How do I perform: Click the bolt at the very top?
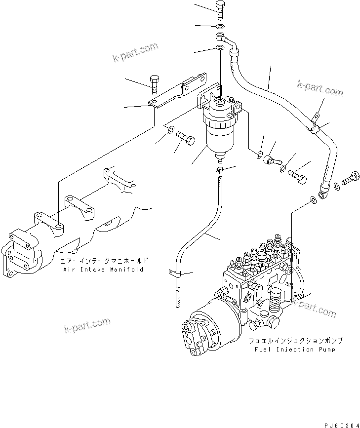click(x=220, y=8)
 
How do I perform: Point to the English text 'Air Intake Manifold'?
click(x=103, y=270)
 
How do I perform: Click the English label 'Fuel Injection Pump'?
click(x=295, y=350)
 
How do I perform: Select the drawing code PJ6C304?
click(x=341, y=424)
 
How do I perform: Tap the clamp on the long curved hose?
click(x=313, y=127)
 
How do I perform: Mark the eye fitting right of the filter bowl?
click(x=269, y=159)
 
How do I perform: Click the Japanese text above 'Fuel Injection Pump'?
click(x=295, y=341)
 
